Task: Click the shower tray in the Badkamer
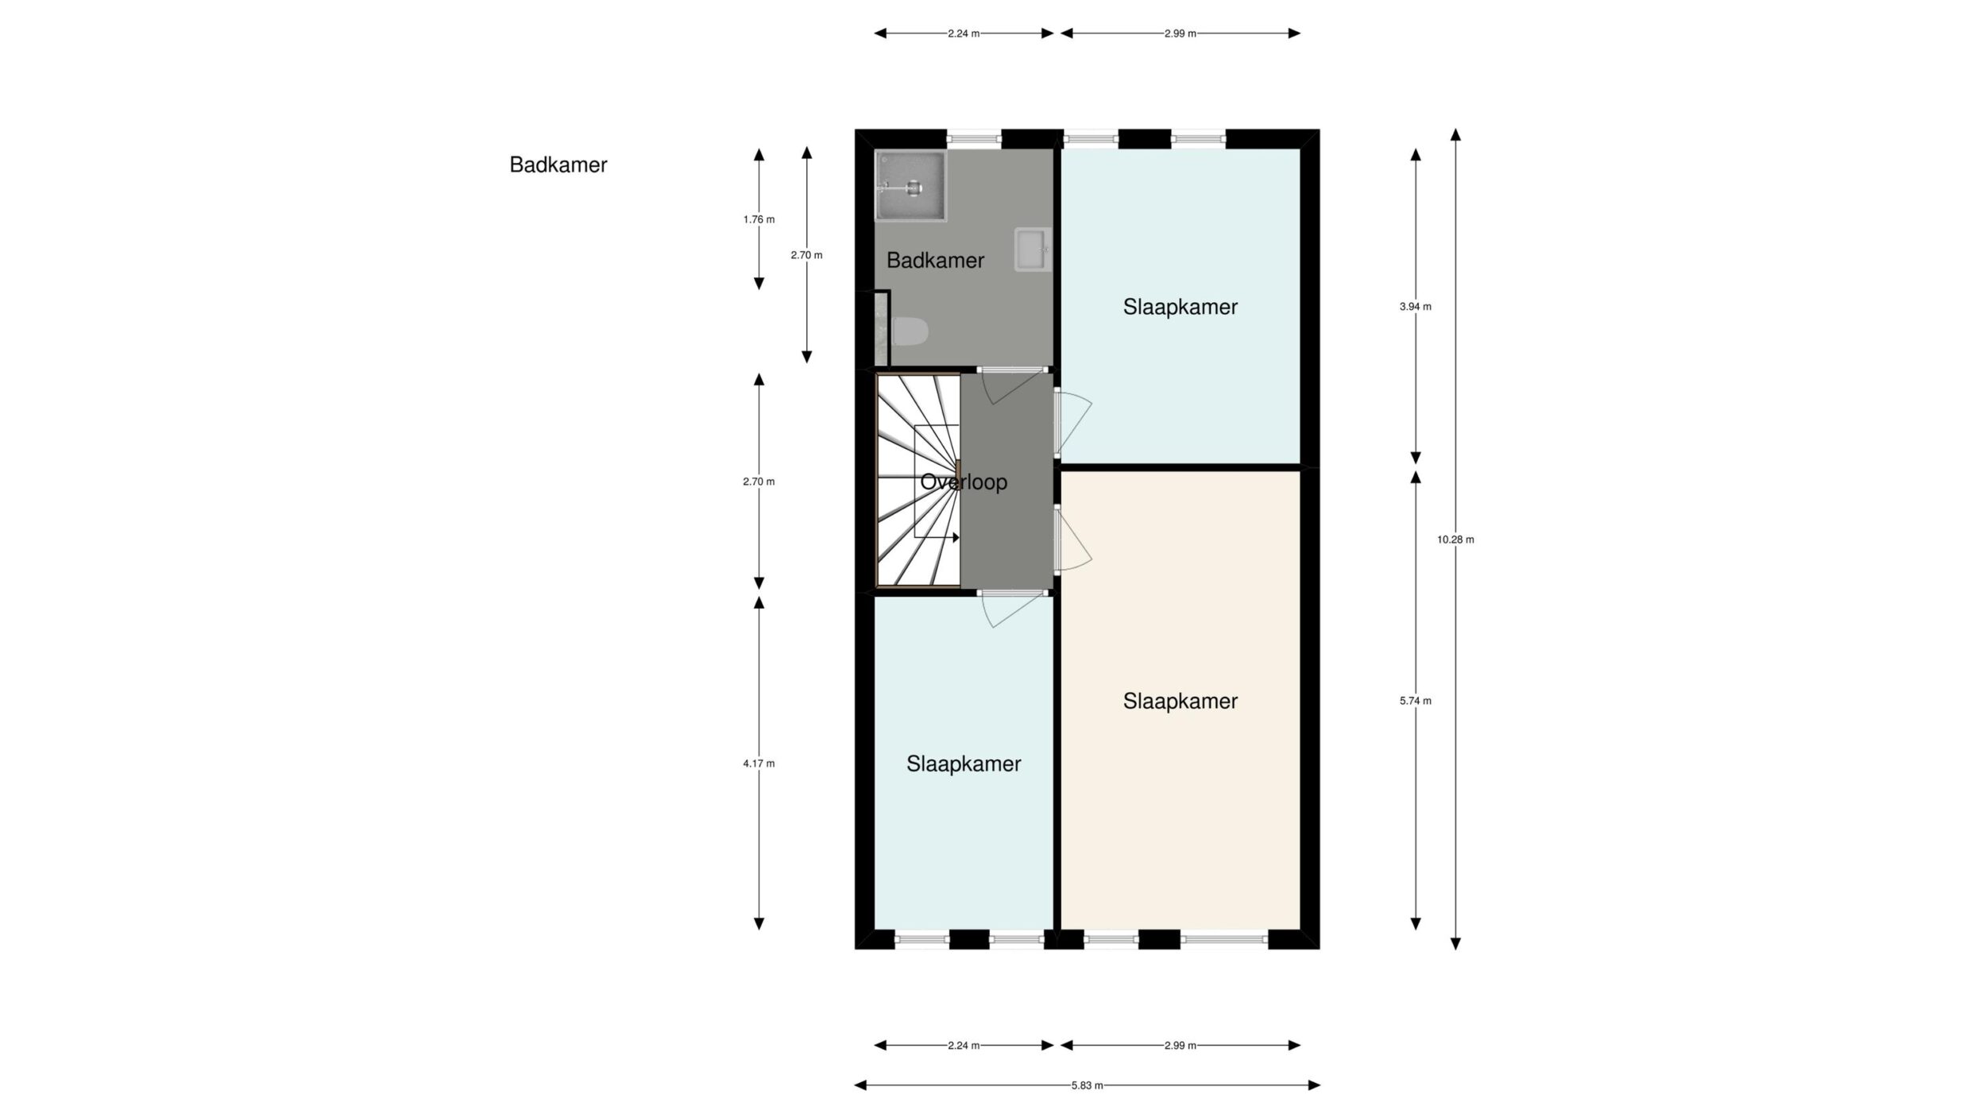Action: [911, 186]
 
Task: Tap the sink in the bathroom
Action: [1033, 250]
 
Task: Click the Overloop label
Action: [964, 482]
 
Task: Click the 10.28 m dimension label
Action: [1455, 540]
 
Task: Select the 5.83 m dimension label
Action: [1087, 1085]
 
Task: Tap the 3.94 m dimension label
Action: [1416, 307]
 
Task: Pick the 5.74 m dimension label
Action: [1416, 701]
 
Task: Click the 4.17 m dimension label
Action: [759, 764]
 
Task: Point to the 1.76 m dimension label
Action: [759, 219]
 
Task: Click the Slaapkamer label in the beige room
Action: [1180, 701]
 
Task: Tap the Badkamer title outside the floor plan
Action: [558, 164]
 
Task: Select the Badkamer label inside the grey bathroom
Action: [935, 260]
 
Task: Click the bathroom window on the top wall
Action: [974, 139]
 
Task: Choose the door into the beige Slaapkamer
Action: [1072, 540]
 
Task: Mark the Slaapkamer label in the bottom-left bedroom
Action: [964, 764]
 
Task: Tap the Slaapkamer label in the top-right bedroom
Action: [1180, 307]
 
